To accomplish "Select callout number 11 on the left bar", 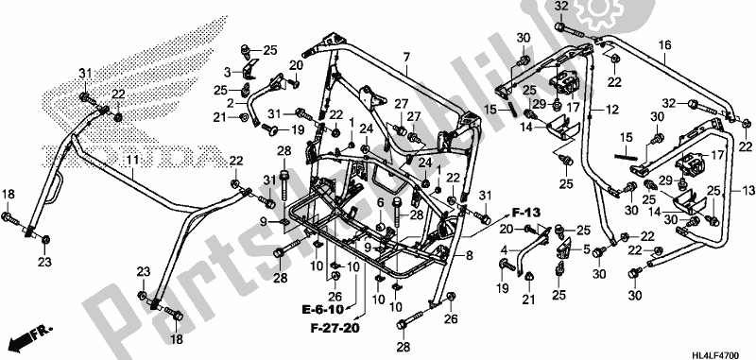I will [132, 161].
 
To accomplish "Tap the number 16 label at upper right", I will [664, 44].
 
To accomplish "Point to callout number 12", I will [612, 111].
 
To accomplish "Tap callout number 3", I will [228, 71].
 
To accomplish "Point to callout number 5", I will [586, 249].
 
